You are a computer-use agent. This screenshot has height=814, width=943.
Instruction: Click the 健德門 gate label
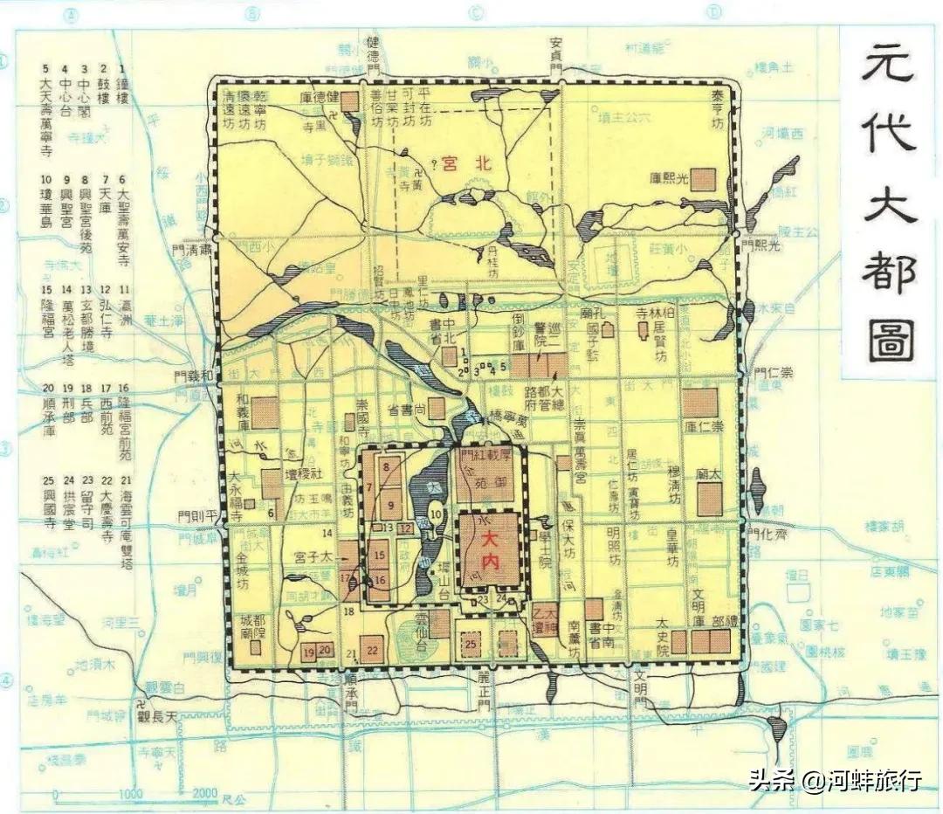[x=374, y=54]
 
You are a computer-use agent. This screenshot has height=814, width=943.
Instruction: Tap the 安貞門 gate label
[x=556, y=54]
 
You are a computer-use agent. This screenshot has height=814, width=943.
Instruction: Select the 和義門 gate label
[x=193, y=377]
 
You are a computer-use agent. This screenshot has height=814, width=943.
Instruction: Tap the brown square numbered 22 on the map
[x=372, y=648]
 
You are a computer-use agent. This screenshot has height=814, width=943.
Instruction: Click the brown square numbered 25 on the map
[x=471, y=645]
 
